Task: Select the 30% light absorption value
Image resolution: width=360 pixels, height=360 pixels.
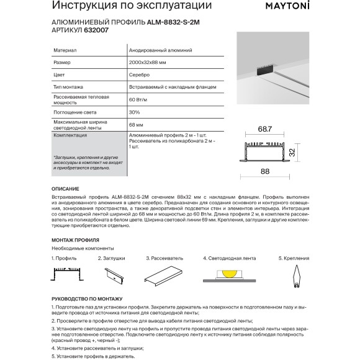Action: (x=135, y=114)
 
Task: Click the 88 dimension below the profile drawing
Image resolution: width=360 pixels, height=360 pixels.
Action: (x=266, y=171)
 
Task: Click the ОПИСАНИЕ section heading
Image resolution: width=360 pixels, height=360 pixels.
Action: (x=65, y=188)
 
